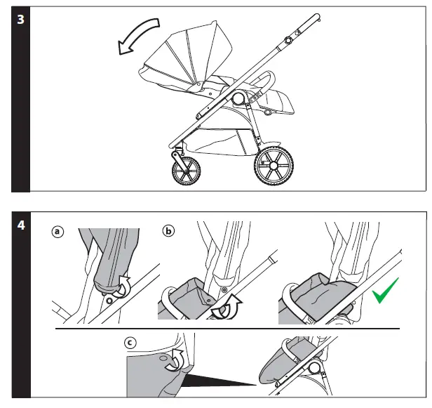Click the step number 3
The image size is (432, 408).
tap(20, 20)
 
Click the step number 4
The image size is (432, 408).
tap(21, 225)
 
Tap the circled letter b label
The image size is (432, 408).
tap(168, 230)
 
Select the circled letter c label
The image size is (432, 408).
tap(130, 343)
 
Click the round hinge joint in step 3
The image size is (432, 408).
tap(236, 98)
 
